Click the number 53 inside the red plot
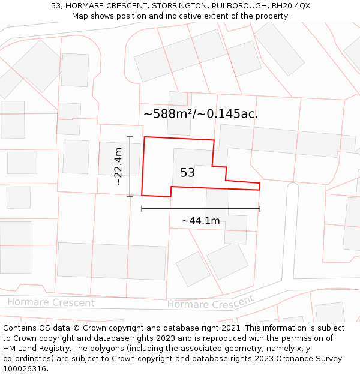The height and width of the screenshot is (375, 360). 188,173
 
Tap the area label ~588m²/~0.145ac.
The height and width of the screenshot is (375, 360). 200,113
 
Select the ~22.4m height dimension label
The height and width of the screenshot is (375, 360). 118,166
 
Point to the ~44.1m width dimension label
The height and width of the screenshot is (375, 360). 200,221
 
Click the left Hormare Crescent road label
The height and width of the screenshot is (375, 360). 51,302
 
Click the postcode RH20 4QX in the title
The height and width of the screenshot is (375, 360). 291,6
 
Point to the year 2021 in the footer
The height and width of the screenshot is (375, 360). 229,328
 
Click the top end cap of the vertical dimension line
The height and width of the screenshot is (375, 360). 130,137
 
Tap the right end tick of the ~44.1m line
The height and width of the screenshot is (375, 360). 260,209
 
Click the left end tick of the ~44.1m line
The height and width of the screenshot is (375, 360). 142,209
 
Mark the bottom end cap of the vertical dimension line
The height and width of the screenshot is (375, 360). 130,196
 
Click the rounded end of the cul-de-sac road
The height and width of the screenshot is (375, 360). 292,187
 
